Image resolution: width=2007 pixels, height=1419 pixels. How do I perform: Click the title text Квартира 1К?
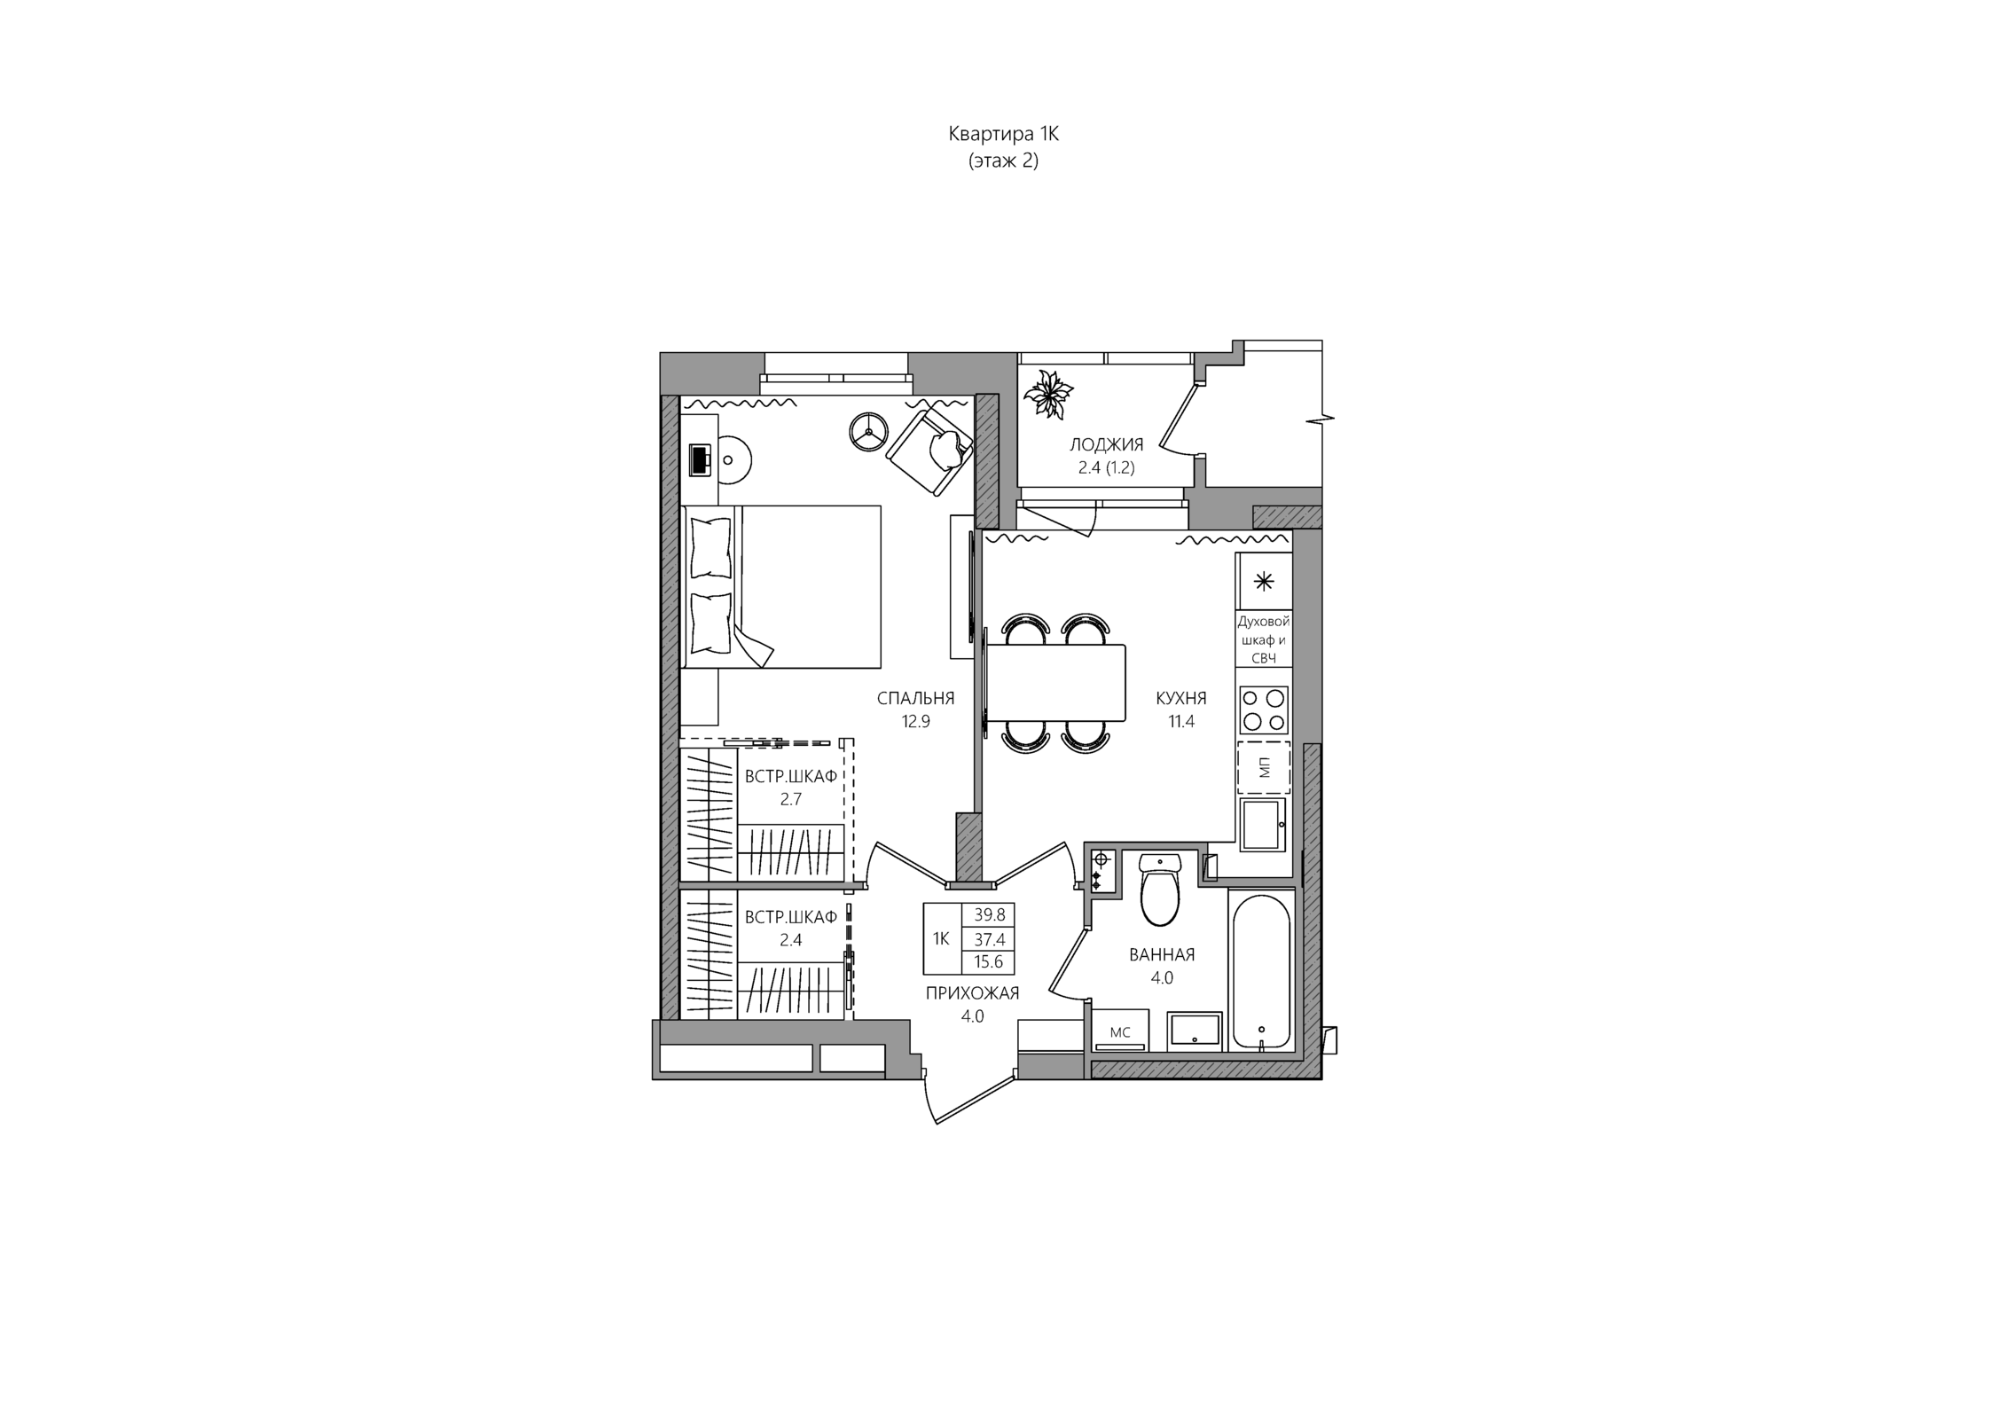(x=1003, y=134)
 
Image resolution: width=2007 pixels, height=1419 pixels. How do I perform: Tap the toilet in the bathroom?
(x=1160, y=889)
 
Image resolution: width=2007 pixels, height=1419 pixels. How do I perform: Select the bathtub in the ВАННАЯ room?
(x=1261, y=971)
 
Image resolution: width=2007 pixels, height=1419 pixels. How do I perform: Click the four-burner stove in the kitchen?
(x=1264, y=709)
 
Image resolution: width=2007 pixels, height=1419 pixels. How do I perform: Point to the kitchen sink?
(x=1262, y=825)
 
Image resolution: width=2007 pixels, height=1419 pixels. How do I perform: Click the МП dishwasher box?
(x=1264, y=767)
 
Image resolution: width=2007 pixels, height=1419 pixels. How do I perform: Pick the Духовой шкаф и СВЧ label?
(x=1264, y=639)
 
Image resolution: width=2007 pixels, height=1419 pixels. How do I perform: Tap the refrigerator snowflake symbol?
(x=1264, y=582)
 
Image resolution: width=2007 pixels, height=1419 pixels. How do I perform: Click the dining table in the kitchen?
(x=1055, y=683)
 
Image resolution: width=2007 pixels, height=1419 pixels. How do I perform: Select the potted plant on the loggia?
(x=1048, y=393)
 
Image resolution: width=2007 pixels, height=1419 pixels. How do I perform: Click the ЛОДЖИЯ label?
(x=1106, y=444)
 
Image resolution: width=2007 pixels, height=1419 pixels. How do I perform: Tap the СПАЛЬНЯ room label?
(x=915, y=698)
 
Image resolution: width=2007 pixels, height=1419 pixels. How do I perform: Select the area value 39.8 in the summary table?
(x=989, y=914)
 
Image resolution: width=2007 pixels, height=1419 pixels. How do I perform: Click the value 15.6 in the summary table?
(x=989, y=961)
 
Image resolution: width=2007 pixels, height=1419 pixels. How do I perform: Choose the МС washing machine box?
(x=1120, y=1031)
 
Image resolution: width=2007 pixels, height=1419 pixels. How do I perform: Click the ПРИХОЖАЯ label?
(x=972, y=993)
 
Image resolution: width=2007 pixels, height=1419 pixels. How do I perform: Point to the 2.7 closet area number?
(x=790, y=799)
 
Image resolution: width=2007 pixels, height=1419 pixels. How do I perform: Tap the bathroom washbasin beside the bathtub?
(x=1195, y=1031)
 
